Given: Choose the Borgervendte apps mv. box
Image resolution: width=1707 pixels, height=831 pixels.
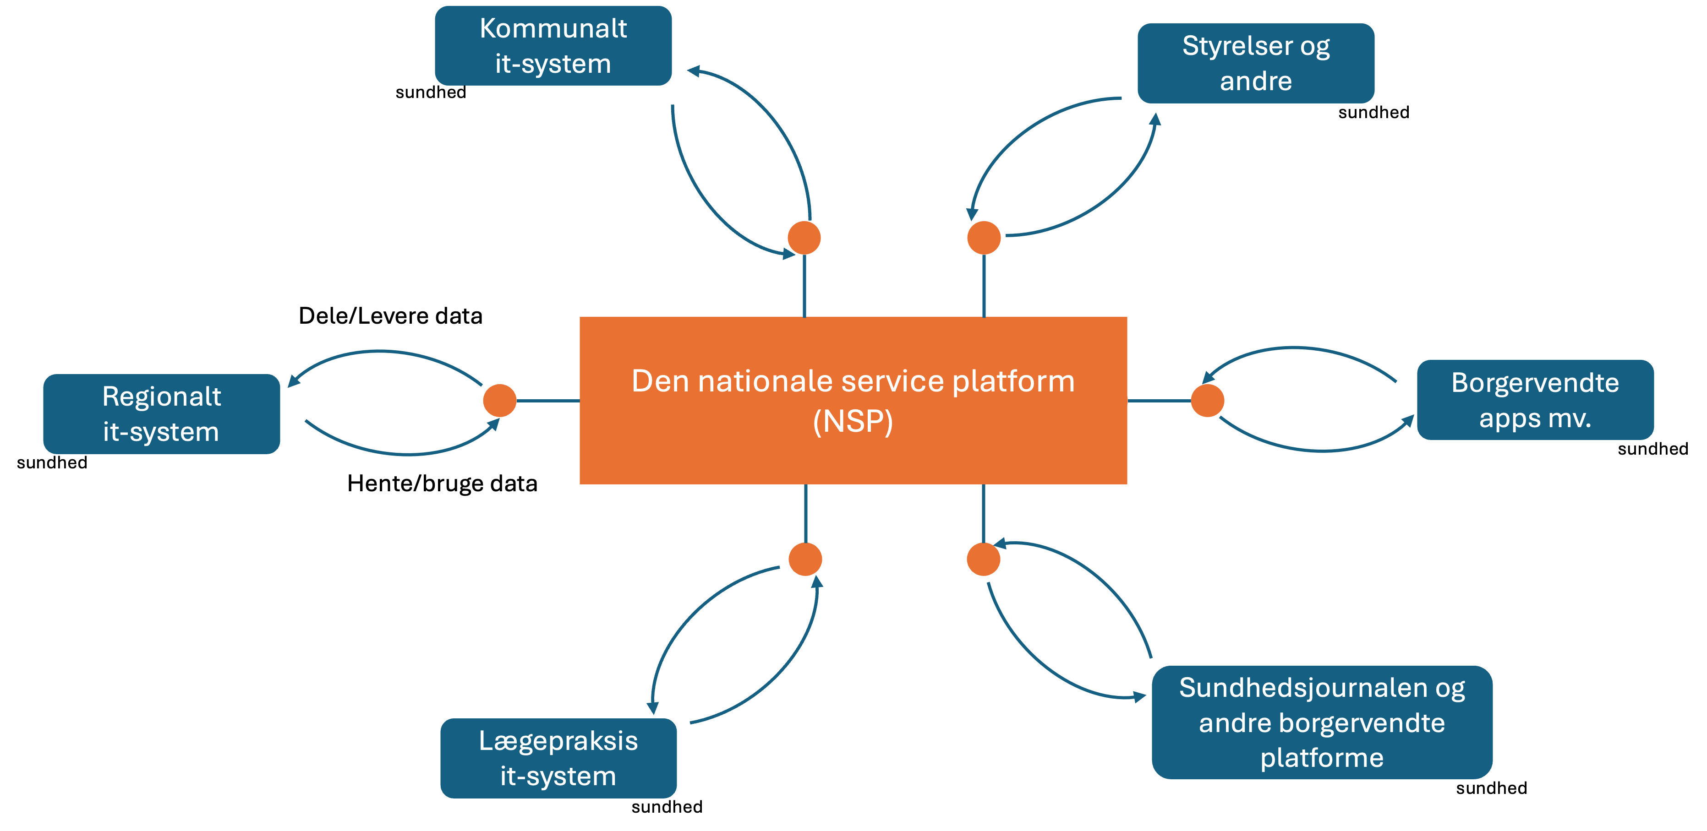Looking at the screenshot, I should (1535, 400).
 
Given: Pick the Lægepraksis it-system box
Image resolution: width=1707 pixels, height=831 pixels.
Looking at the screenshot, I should (558, 758).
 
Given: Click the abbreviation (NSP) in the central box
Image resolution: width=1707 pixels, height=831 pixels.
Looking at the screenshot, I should (853, 422).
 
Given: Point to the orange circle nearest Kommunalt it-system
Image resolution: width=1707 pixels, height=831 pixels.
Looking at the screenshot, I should (804, 238).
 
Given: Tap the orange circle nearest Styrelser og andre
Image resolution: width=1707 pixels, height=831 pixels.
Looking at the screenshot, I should (983, 238).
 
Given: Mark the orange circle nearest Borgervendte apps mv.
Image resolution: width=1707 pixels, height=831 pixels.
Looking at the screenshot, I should (1207, 401).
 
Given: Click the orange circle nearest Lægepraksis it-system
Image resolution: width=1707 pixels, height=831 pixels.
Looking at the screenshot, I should (805, 559).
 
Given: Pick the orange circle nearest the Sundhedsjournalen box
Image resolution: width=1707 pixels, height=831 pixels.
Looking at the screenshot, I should (983, 559).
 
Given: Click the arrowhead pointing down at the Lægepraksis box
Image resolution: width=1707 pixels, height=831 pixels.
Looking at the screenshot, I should (653, 708).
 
